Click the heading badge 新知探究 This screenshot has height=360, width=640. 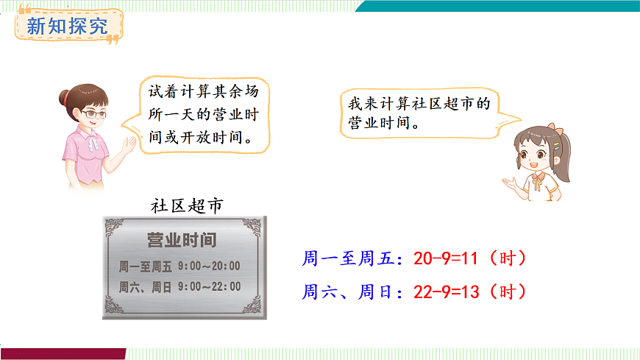[x=67, y=28]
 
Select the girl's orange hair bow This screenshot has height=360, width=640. [x=561, y=132]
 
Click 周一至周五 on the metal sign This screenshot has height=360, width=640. [x=145, y=266]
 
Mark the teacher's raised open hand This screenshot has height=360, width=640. [x=129, y=144]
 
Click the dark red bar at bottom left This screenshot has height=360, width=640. [x=63, y=354]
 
